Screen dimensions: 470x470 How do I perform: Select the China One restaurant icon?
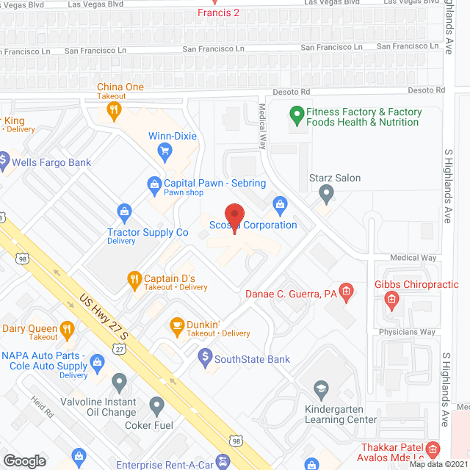114,111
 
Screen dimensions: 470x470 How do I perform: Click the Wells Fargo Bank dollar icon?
3,159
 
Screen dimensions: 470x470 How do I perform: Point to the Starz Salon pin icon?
327,193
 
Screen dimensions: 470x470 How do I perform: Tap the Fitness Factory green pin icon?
297,115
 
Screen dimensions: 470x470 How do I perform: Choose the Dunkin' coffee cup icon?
176,324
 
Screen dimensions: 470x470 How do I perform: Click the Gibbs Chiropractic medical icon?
391,298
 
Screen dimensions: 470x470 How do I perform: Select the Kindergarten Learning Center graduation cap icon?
321,388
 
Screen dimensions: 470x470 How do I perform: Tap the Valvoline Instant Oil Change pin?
120,381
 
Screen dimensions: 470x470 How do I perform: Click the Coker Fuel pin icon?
156,404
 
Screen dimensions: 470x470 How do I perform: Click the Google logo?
23,460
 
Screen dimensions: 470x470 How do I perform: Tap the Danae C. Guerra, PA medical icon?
348,293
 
